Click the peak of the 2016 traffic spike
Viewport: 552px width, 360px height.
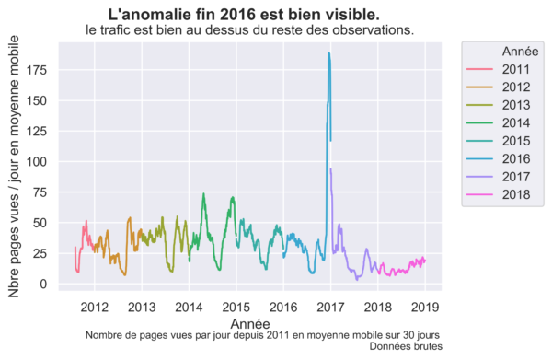pyautogui.click(x=328, y=53)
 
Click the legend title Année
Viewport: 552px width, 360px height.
pyautogui.click(x=520, y=52)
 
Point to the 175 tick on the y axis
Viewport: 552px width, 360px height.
pyautogui.click(x=36, y=70)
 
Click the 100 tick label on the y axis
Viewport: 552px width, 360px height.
pyautogui.click(x=36, y=162)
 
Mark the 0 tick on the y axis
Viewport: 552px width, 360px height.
pyautogui.click(x=43, y=284)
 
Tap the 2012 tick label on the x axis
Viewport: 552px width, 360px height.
pyautogui.click(x=95, y=308)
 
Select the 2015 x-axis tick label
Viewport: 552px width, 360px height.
pyautogui.click(x=236, y=308)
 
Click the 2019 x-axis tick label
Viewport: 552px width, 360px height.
pyautogui.click(x=425, y=308)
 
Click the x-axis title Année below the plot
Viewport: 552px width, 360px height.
pyautogui.click(x=250, y=324)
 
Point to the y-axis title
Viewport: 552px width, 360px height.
pyautogui.click(x=14, y=167)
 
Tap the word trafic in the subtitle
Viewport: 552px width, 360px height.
pyautogui.click(x=112, y=30)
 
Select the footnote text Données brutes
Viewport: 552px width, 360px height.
pyautogui.click(x=406, y=346)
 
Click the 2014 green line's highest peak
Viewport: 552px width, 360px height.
pyautogui.click(x=203, y=193)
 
